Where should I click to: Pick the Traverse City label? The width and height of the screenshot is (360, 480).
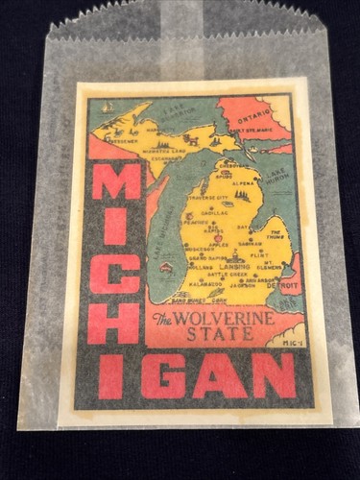pos(213,197)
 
